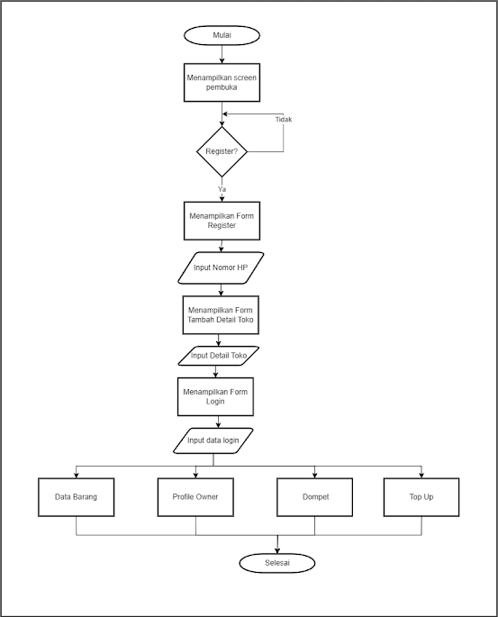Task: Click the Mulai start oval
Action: click(x=222, y=35)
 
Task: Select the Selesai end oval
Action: click(x=277, y=563)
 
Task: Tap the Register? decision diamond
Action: click(x=222, y=151)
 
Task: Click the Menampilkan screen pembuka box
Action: click(x=222, y=83)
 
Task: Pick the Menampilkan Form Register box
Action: click(x=222, y=221)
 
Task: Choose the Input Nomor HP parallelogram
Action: click(x=221, y=268)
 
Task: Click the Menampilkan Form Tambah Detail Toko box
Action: click(x=221, y=314)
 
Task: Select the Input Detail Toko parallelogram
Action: click(x=219, y=356)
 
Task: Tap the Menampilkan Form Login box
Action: click(x=215, y=396)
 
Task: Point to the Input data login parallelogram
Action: click(x=213, y=440)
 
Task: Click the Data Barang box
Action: click(x=77, y=497)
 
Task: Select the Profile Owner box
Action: click(x=195, y=497)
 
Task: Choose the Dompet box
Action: click(x=314, y=497)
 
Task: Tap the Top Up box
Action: click(x=421, y=497)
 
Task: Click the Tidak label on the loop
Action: click(x=284, y=120)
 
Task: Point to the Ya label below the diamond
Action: click(x=222, y=189)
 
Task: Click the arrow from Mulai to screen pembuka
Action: click(x=222, y=54)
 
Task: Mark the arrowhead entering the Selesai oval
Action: click(x=277, y=551)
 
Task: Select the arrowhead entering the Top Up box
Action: click(x=421, y=476)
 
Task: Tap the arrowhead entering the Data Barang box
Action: click(x=77, y=476)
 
